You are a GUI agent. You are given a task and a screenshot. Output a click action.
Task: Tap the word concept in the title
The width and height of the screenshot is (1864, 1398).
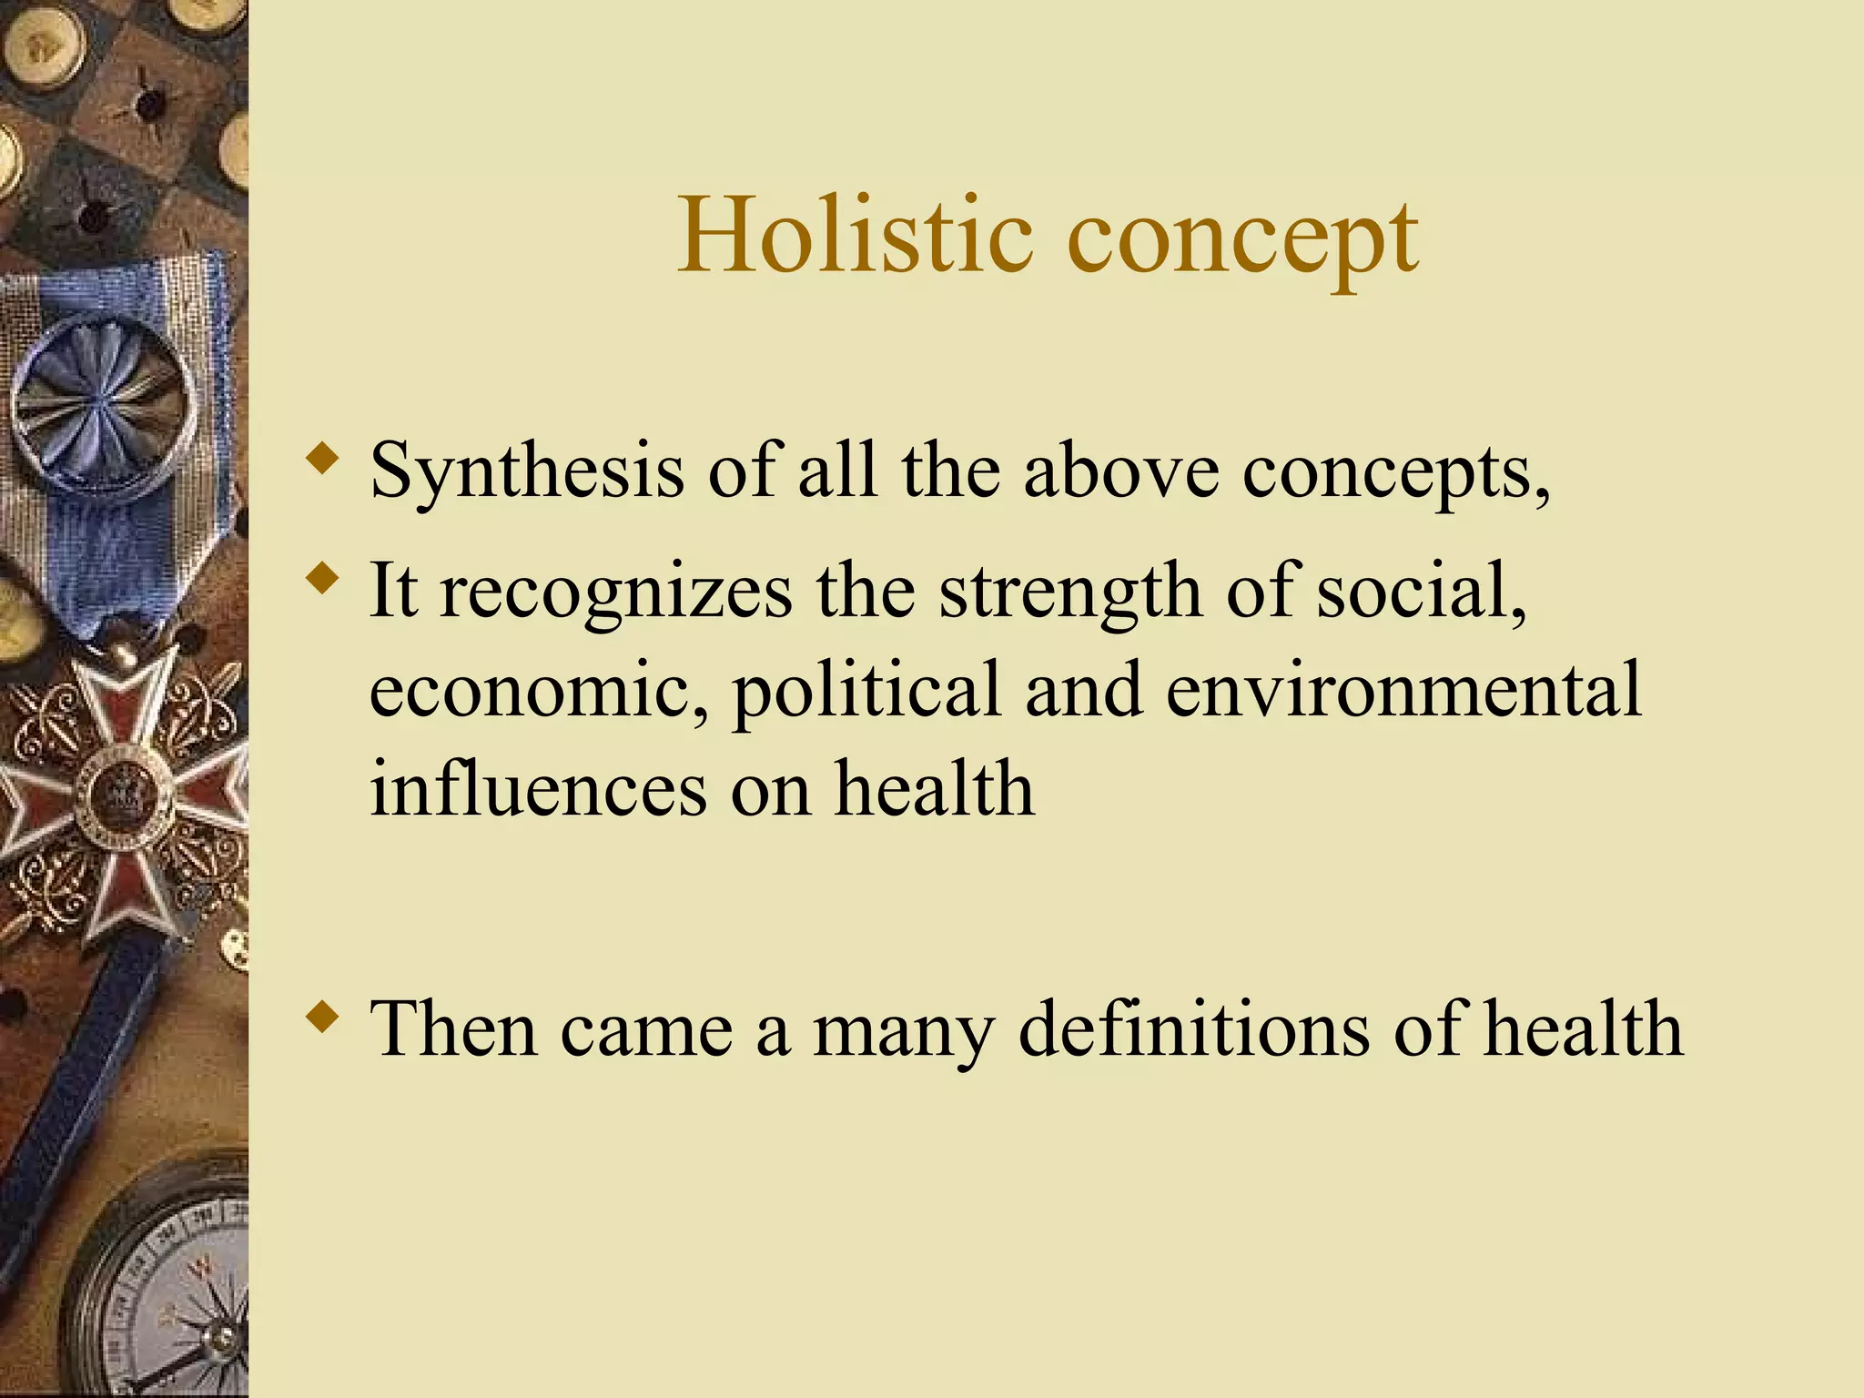[1241, 238]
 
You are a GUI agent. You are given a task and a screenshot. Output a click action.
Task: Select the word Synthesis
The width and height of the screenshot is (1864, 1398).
[526, 471]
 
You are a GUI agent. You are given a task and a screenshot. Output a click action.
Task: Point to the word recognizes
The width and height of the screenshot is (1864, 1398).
[616, 593]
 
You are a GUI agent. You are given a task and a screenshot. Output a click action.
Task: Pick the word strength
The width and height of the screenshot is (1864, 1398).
[1070, 593]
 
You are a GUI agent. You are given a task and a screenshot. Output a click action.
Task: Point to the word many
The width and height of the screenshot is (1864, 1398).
[902, 1033]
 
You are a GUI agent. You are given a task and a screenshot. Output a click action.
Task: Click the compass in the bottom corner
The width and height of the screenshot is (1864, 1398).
[173, 1302]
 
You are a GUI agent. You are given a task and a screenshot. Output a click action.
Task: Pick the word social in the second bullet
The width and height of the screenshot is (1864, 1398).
[1421, 593]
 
